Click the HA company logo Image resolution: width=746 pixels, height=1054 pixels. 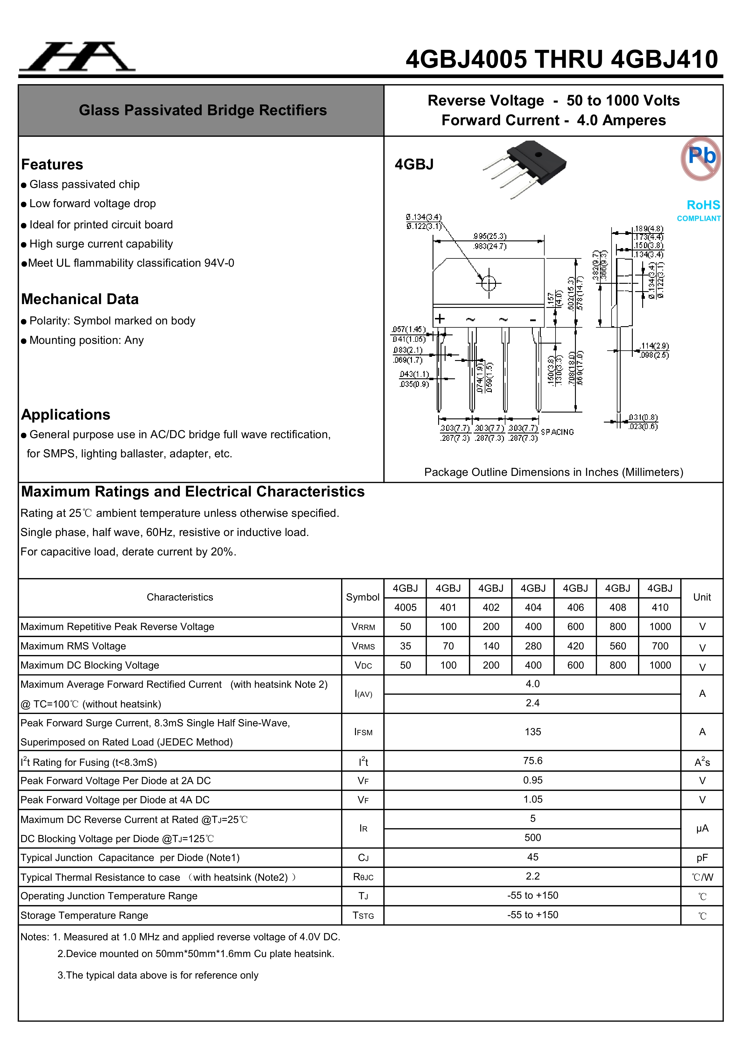[77, 57]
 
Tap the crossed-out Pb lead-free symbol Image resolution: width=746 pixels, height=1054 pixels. [701, 158]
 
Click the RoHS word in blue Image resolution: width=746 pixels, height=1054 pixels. [703, 205]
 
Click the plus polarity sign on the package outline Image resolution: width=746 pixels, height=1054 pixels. [440, 319]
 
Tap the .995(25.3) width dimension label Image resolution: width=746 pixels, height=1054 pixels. [490, 236]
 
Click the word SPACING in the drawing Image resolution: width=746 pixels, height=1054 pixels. [557, 432]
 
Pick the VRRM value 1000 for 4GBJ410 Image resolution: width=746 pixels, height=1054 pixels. [660, 627]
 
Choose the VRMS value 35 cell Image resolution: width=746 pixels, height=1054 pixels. [405, 646]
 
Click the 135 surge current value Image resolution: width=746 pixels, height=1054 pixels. [533, 732]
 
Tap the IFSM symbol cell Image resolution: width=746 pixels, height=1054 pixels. [363, 732]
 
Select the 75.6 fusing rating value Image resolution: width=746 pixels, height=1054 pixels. [533, 761]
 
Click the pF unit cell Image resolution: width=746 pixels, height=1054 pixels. [702, 857]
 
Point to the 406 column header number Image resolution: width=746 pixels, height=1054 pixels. [575, 607]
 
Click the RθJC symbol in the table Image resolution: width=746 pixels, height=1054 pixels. [363, 877]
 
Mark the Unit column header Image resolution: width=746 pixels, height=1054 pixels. [702, 597]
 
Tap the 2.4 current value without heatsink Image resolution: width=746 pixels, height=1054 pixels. [533, 703]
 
